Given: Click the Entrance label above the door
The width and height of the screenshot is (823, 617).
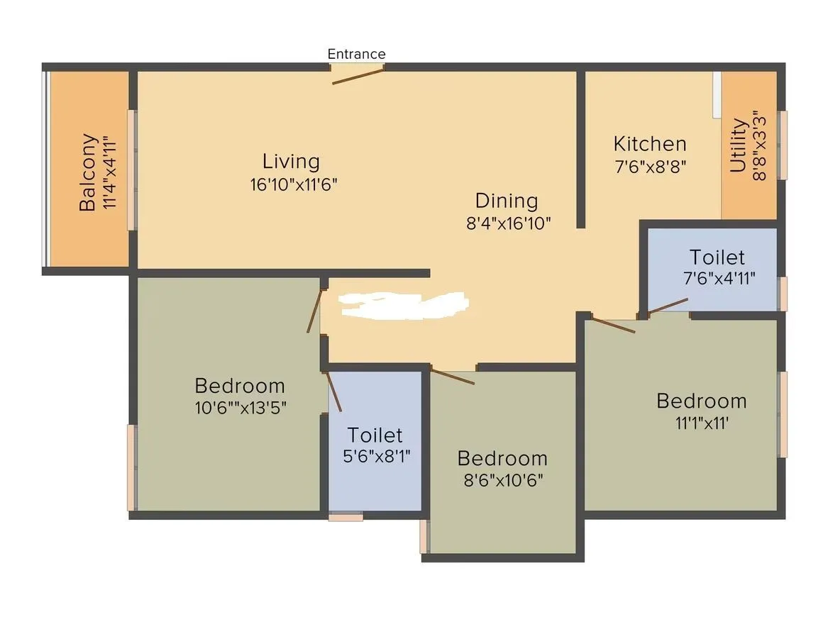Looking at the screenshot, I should (x=356, y=54).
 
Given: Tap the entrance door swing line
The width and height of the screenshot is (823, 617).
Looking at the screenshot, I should (x=358, y=76).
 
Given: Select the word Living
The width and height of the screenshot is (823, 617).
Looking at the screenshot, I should (x=291, y=161).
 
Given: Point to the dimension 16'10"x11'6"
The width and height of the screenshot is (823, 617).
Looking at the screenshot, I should (x=293, y=184).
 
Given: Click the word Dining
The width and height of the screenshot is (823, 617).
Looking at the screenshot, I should (x=506, y=201).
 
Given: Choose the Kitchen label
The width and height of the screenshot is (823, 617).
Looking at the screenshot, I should (x=650, y=144).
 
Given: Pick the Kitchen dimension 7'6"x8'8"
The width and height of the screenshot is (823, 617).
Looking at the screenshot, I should (x=650, y=167).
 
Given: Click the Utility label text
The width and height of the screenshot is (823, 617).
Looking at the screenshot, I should (x=739, y=145).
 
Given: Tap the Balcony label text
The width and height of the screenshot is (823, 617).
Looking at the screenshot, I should (x=88, y=172).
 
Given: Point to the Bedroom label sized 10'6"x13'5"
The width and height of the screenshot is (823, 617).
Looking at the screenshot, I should (x=240, y=386).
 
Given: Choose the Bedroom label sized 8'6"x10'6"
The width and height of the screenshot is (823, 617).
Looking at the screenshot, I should (x=502, y=457).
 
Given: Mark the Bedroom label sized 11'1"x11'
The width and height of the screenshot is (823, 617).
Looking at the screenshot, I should (x=701, y=401).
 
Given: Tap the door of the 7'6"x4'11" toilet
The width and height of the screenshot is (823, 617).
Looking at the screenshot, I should (x=667, y=306).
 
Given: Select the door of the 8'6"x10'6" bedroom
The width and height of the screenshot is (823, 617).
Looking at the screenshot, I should (x=453, y=376).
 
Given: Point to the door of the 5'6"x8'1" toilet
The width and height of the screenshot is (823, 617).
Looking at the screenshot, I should (x=333, y=391).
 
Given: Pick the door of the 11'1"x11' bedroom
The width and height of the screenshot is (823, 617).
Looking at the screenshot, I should (x=613, y=325).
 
